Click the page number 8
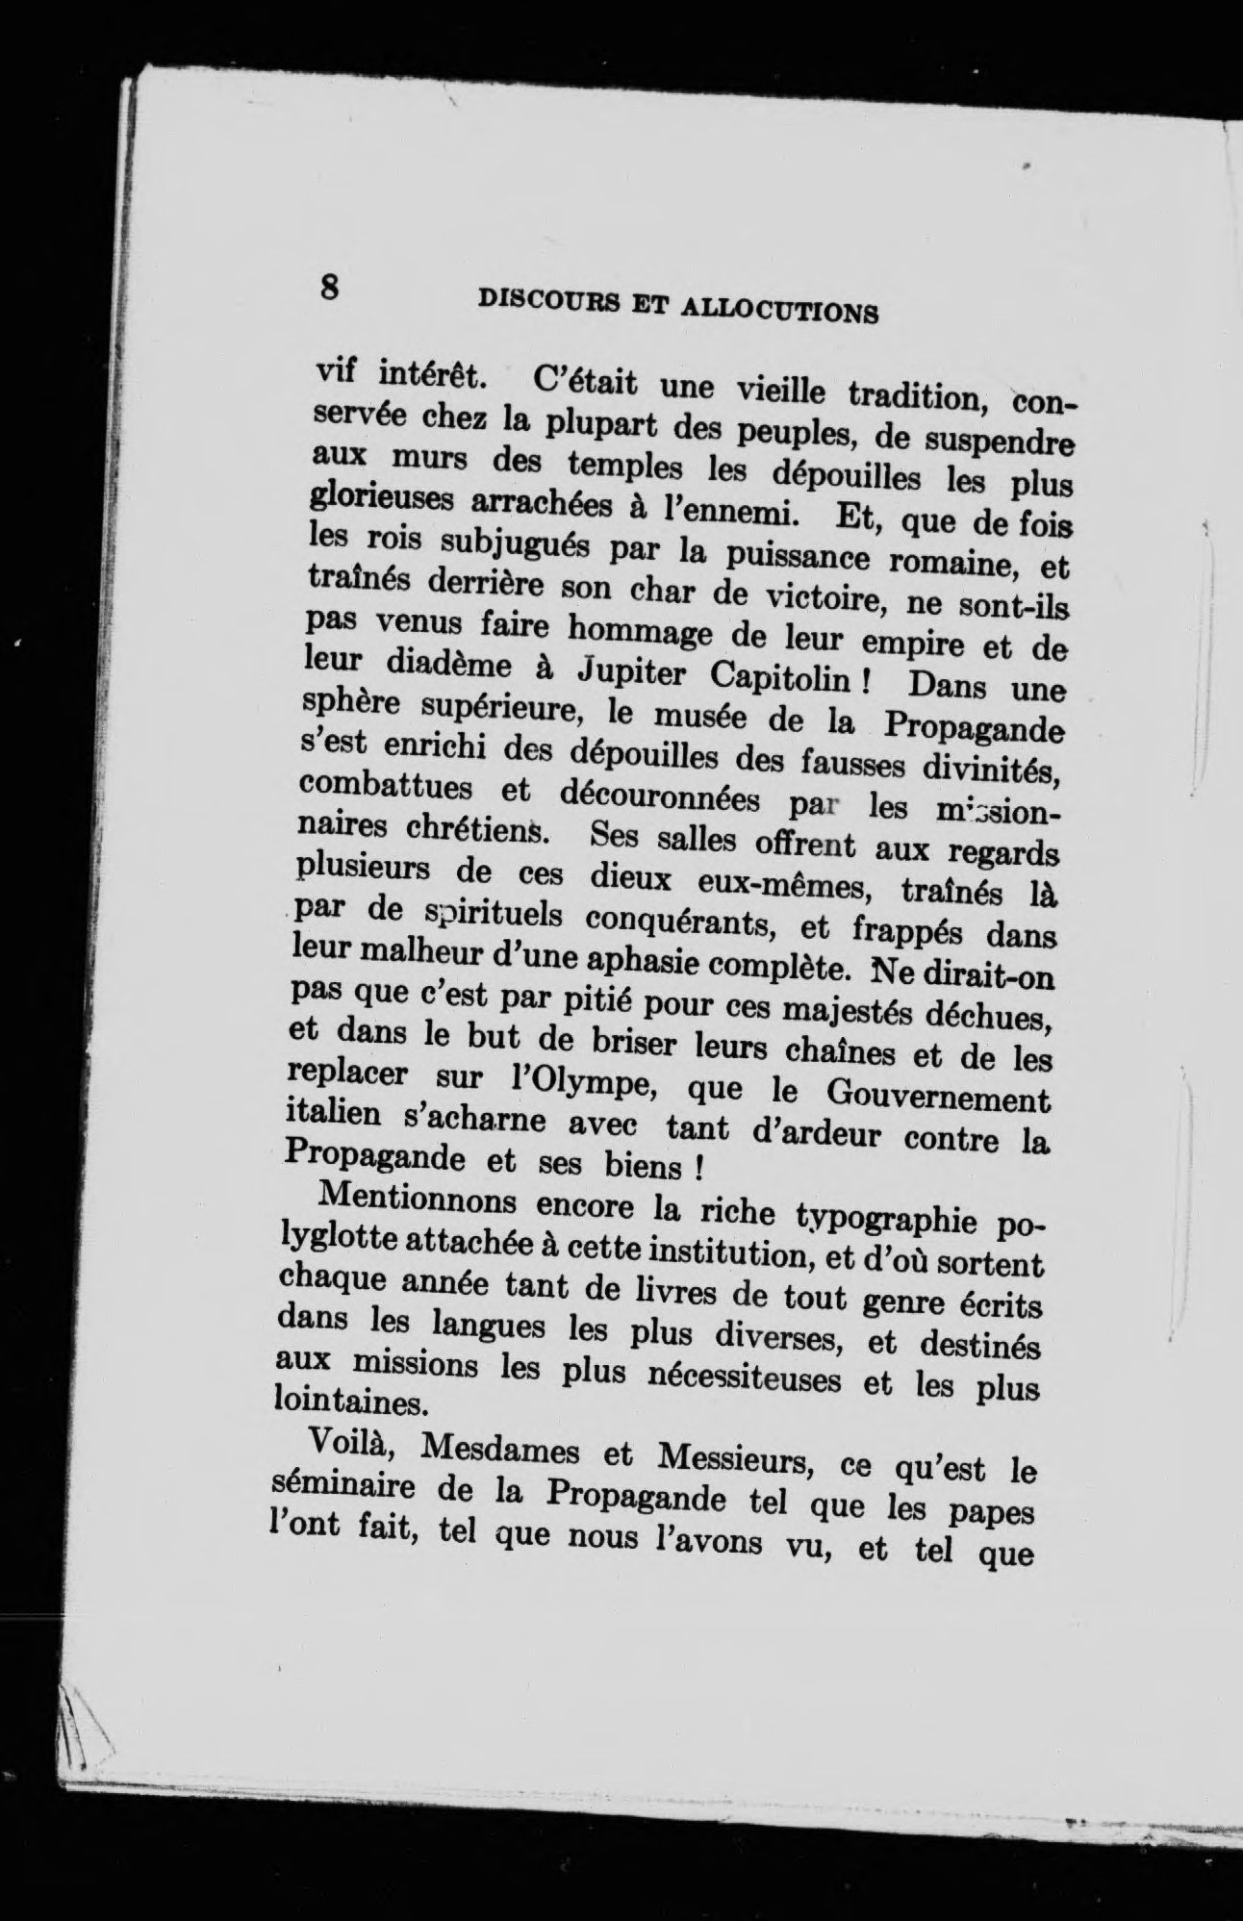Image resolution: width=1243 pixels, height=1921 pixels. coord(329,288)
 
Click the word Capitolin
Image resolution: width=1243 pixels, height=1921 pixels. coord(778,679)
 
